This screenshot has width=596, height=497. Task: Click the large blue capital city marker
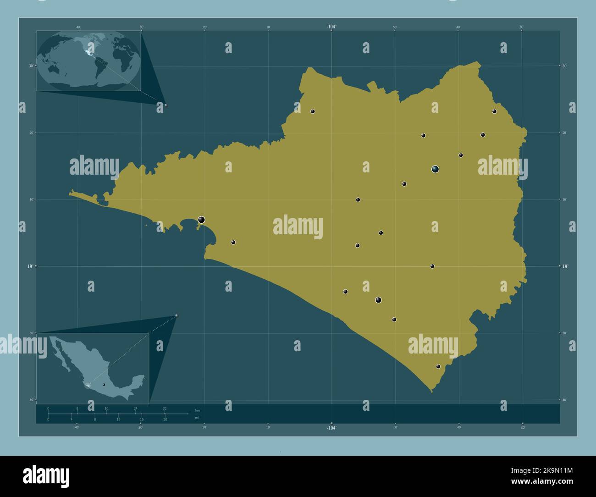435,169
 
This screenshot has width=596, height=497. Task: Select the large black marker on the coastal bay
201,220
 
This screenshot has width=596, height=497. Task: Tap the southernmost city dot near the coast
438,366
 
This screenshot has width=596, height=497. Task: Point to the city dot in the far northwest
313,111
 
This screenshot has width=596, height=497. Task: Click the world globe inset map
88,61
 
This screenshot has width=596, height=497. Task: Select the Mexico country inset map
93,368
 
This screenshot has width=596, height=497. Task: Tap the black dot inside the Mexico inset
104,384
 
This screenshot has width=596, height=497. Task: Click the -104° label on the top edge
331,27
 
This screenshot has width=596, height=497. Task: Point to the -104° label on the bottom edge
331,428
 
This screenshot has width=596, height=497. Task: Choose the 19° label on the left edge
31,266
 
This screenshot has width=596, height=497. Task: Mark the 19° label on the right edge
565,266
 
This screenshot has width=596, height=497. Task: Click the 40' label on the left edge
31,400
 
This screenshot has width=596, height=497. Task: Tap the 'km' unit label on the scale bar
198,410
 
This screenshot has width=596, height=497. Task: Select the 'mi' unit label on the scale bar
197,418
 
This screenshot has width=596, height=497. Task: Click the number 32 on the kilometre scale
165,408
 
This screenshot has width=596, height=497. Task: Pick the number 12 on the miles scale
118,420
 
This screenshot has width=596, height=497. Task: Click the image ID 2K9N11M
557,470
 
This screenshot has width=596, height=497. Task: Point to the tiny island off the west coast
146,225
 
